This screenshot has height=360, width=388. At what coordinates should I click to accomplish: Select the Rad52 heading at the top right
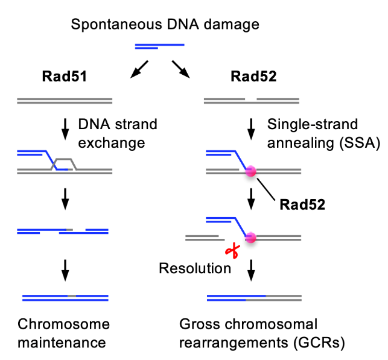[252, 77]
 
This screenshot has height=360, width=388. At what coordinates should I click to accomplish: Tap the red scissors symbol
[229, 250]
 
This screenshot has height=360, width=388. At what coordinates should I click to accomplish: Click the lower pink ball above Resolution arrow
[252, 238]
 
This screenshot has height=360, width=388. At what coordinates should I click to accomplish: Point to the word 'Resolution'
[194, 268]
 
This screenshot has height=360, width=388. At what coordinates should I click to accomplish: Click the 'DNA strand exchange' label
[118, 134]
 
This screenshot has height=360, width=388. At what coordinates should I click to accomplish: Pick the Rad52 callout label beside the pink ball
[302, 204]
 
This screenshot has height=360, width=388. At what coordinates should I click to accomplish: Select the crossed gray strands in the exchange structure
[64, 163]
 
